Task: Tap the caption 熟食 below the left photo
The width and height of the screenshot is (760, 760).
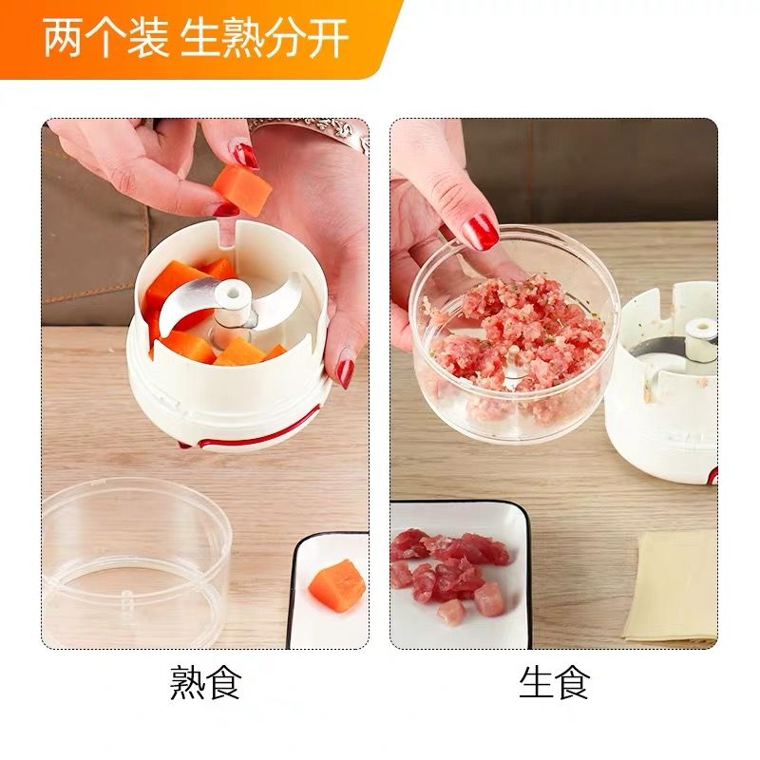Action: (206, 682)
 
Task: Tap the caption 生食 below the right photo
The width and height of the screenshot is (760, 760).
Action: (555, 682)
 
